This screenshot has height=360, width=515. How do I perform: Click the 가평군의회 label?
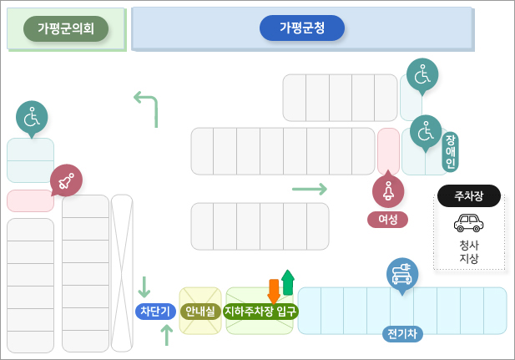(66, 29)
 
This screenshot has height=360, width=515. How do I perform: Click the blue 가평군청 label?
(302, 28)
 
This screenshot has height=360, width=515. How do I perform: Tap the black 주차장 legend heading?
(468, 196)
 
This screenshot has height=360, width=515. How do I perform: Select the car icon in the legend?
(468, 223)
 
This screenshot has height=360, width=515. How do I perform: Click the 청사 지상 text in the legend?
(468, 251)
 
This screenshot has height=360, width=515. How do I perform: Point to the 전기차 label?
(404, 334)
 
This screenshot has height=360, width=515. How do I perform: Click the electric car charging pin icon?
(402, 273)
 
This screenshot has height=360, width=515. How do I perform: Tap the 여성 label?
(387, 220)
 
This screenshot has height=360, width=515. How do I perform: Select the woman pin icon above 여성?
(388, 190)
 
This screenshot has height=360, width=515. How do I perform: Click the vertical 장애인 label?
(451, 151)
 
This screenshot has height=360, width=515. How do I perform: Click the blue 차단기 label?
(154, 312)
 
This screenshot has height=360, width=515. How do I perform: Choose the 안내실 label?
(200, 312)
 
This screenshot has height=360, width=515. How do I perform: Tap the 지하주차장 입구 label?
(260, 312)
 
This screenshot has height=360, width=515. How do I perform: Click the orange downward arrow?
(273, 292)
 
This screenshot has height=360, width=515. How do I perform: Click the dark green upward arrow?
(288, 281)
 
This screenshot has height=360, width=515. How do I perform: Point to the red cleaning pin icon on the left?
(66, 180)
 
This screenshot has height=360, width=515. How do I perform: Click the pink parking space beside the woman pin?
(388, 150)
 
